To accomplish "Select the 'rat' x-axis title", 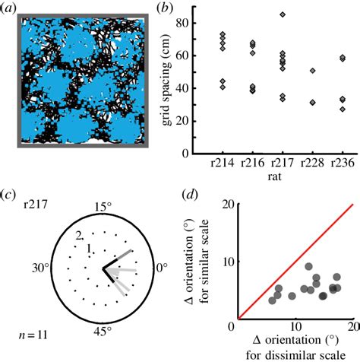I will pyautogui.click(x=281, y=176).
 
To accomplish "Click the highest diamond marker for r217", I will pyautogui.click(x=283, y=14).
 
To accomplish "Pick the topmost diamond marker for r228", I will pyautogui.click(x=312, y=71).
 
